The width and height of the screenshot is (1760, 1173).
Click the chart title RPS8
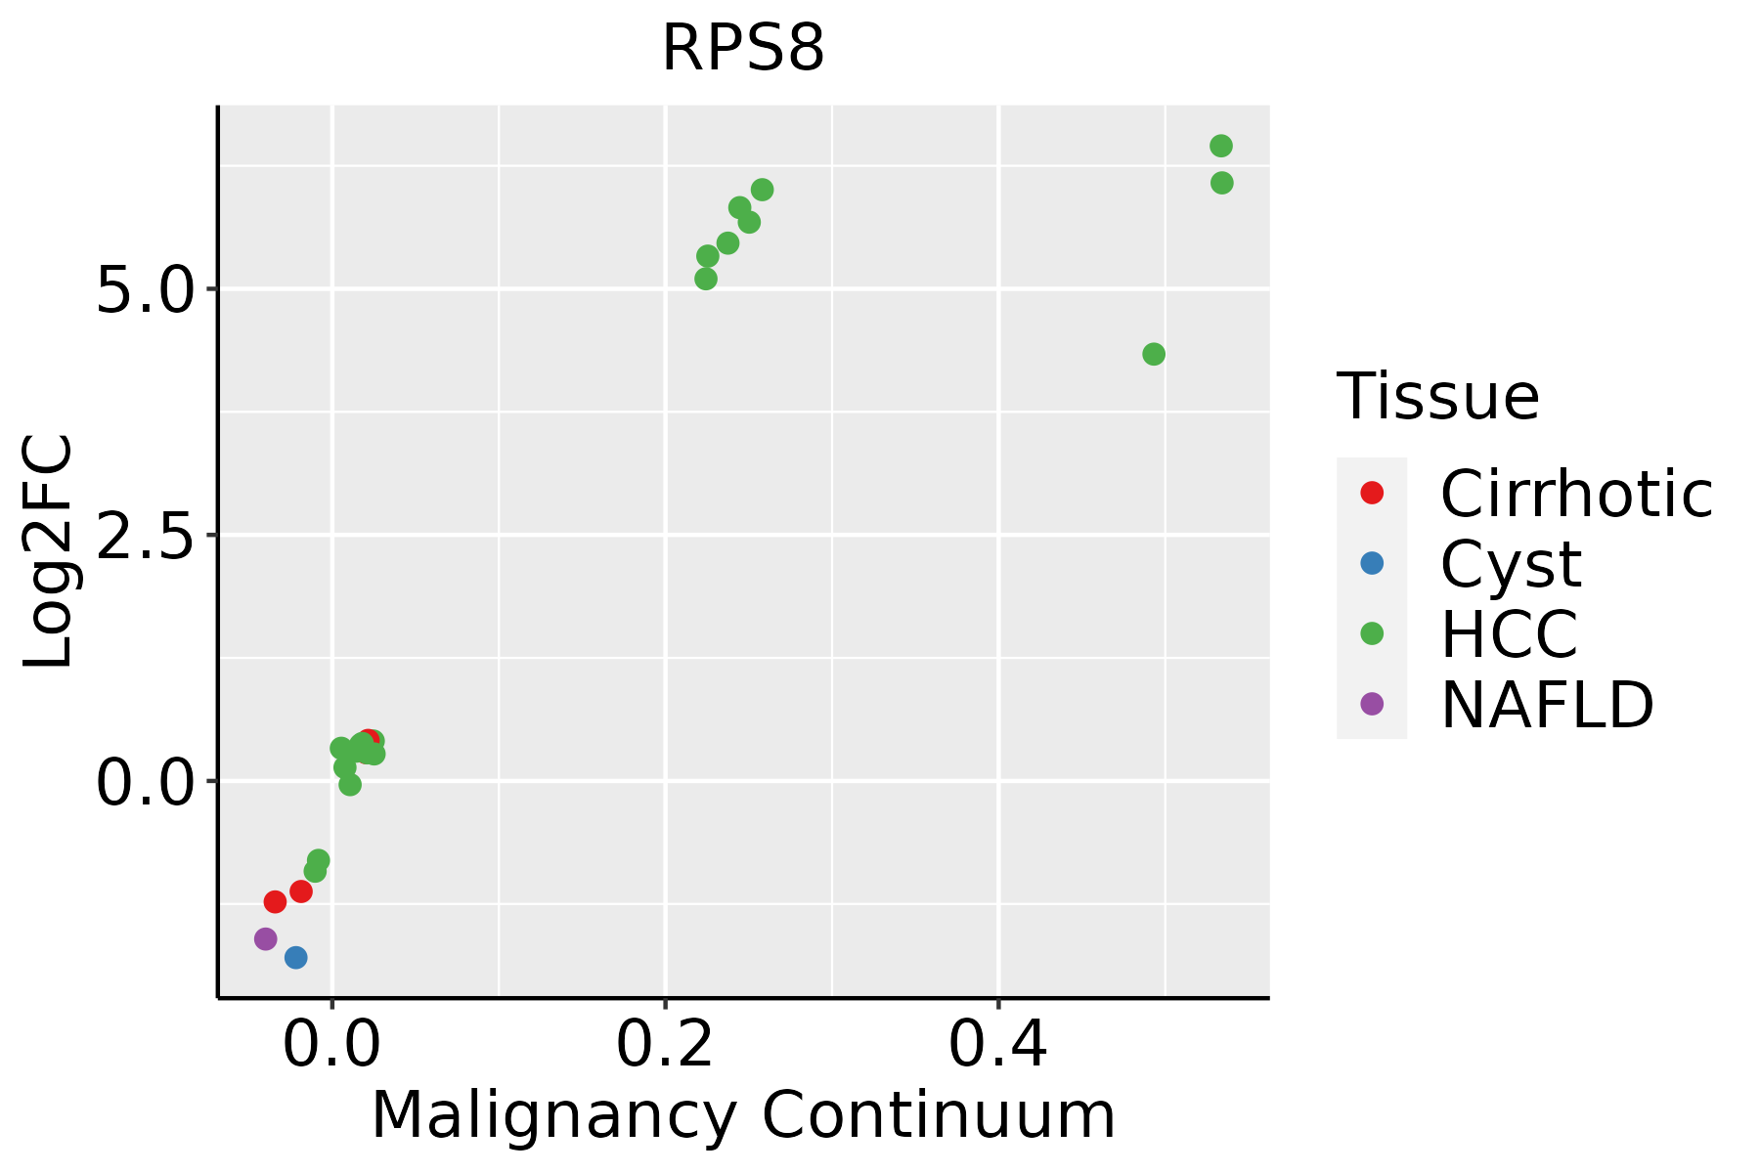click(x=743, y=49)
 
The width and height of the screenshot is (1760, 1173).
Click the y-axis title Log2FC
click(x=49, y=551)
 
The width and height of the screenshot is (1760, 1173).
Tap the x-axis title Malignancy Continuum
click(x=743, y=1115)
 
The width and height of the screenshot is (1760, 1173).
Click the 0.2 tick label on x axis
click(x=665, y=1045)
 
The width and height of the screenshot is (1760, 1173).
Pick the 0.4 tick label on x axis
click(x=998, y=1045)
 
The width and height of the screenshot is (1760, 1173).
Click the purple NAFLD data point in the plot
click(x=265, y=938)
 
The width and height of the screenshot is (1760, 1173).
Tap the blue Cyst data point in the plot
click(x=295, y=957)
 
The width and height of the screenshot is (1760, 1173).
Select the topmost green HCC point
click(x=1221, y=146)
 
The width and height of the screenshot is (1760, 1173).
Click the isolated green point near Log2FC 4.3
click(x=1154, y=354)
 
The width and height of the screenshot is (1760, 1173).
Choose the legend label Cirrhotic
click(x=1576, y=494)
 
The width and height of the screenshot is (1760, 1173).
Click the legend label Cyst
click(x=1511, y=564)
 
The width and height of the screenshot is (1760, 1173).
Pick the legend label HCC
click(x=1509, y=633)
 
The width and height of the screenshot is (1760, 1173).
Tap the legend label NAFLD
click(x=1547, y=704)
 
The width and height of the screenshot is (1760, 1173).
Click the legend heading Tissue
click(x=1437, y=397)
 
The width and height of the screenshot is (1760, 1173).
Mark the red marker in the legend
click(x=1372, y=493)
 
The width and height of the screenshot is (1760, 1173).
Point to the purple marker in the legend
click(x=1372, y=704)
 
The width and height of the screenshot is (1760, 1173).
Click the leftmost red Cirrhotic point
click(x=275, y=901)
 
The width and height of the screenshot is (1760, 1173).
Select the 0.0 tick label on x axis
click(x=332, y=1045)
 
